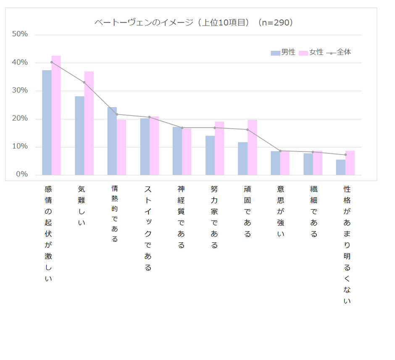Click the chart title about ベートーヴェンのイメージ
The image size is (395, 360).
pos(194,23)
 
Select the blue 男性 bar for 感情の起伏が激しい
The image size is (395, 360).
pos(47,122)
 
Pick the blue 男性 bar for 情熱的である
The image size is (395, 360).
pos(112,141)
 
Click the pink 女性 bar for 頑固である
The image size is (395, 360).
pos(252,147)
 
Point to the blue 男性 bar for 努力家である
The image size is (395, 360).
pos(210,155)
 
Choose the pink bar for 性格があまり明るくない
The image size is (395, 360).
pos(350,163)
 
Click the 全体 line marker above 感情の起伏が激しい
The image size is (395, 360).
pos(51,62)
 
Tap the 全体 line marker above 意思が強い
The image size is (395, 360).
pos(280,151)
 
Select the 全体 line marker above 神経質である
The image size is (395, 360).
pos(182,128)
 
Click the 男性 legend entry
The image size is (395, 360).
pos(283,53)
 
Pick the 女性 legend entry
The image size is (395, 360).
pos(311,53)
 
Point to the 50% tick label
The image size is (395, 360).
pos(20,34)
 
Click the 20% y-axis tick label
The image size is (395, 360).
pos(20,118)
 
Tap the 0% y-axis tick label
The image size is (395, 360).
pos(22,174)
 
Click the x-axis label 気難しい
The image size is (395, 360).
pos(82,206)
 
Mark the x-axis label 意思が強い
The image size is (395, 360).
pos(280,211)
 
